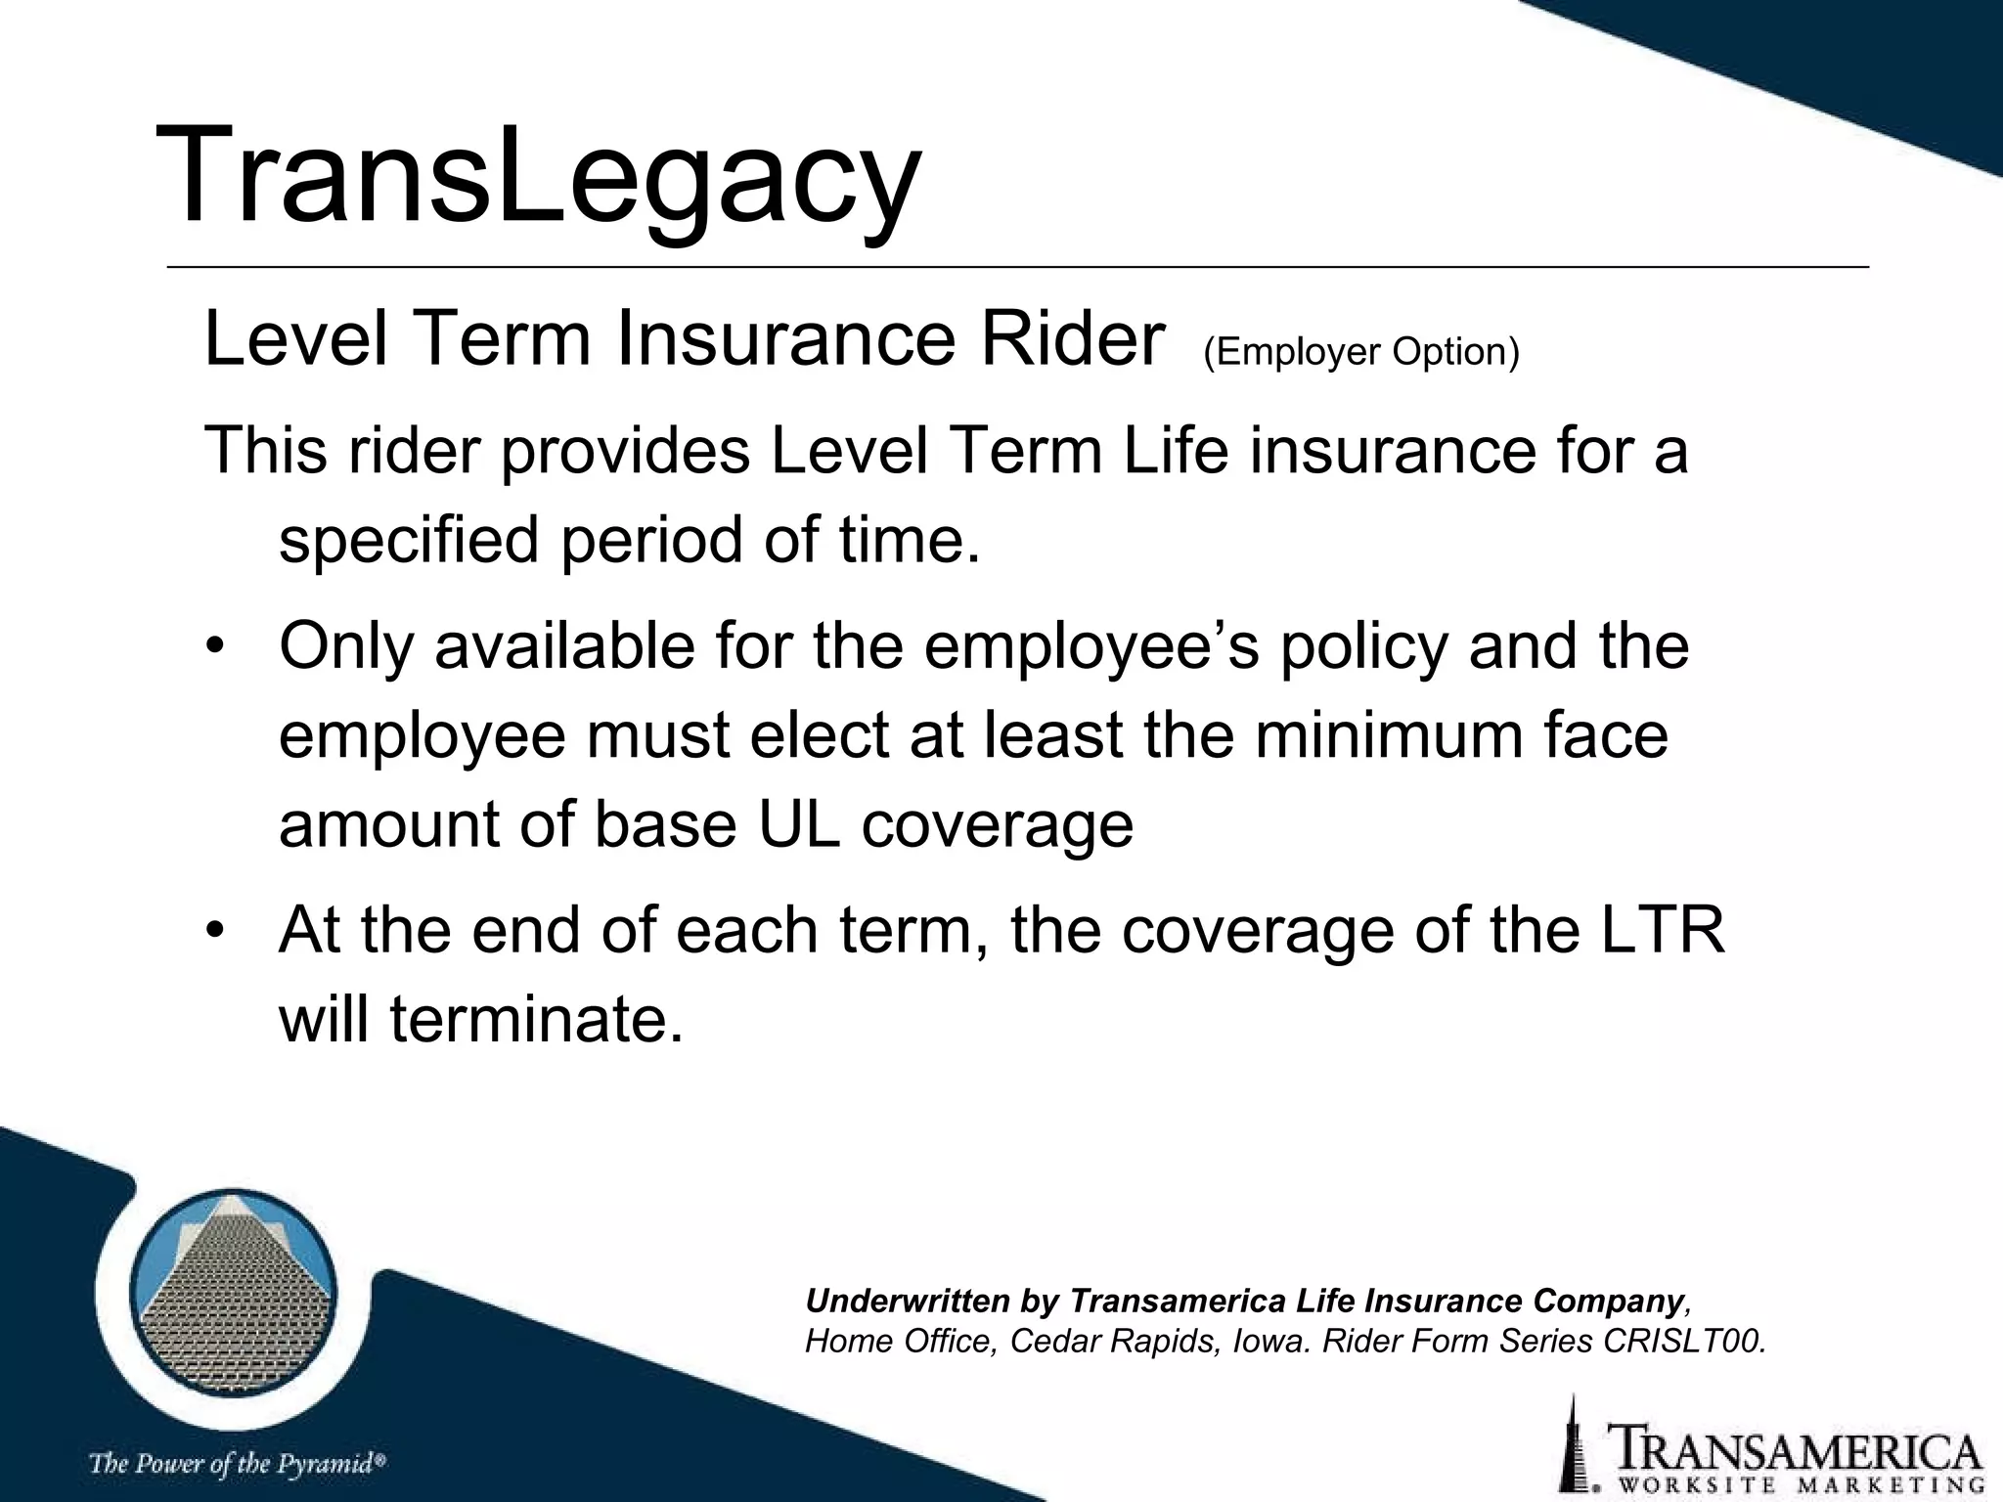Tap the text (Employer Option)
[1361, 352]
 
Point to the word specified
[409, 541]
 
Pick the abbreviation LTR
[1662, 930]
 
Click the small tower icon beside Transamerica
[1573, 1444]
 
